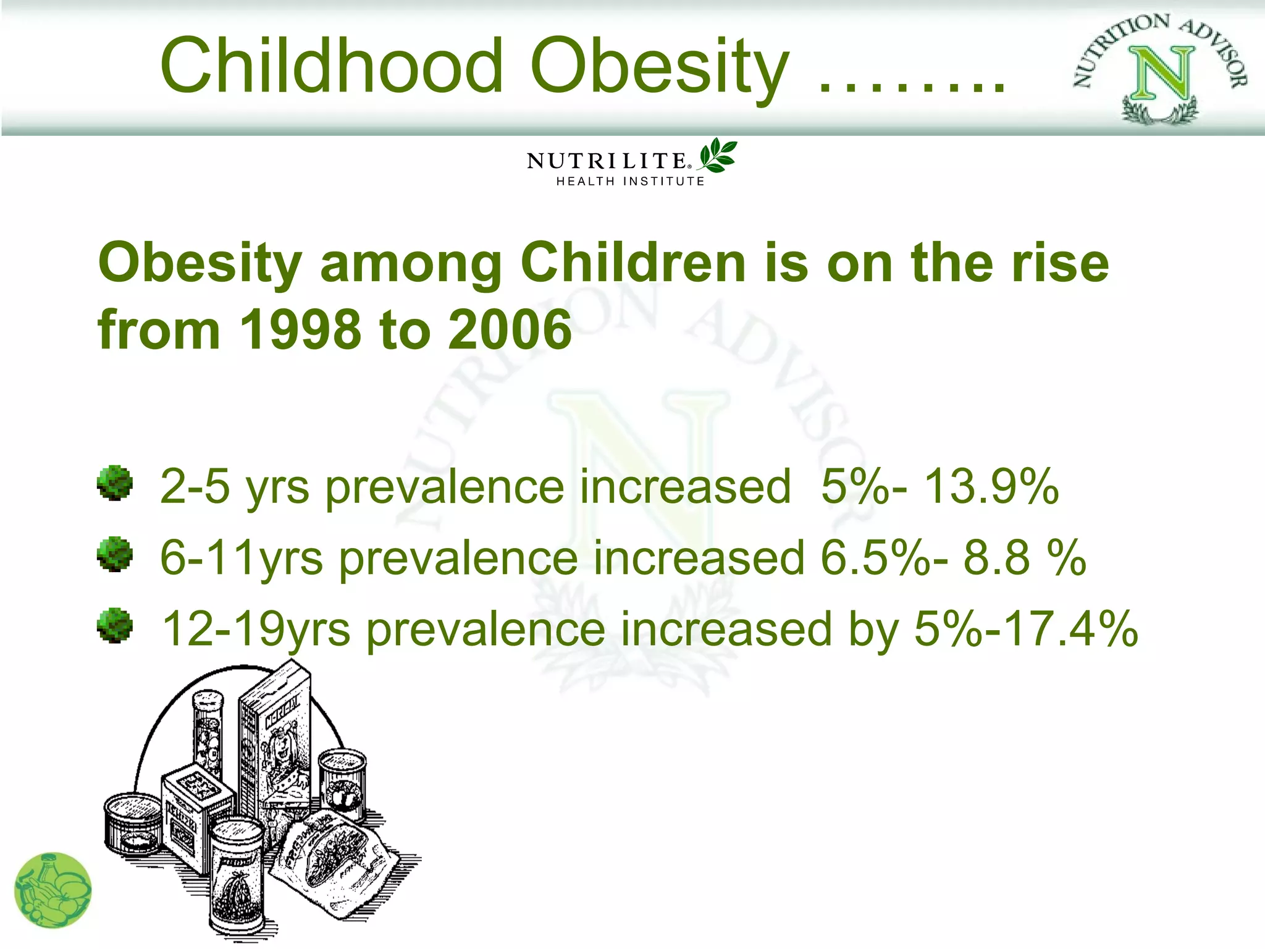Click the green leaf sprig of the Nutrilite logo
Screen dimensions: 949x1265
tap(718, 155)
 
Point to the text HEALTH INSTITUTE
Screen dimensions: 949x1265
tap(630, 182)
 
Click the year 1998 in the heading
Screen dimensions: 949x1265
tap(300, 330)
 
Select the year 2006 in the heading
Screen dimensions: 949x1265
tap(510, 330)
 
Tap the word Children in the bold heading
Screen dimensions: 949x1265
tap(633, 263)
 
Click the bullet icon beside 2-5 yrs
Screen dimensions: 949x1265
tap(115, 483)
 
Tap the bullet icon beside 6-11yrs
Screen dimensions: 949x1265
tap(115, 554)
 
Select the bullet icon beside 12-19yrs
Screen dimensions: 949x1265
tap(115, 626)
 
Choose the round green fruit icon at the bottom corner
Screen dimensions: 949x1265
tap(53, 890)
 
